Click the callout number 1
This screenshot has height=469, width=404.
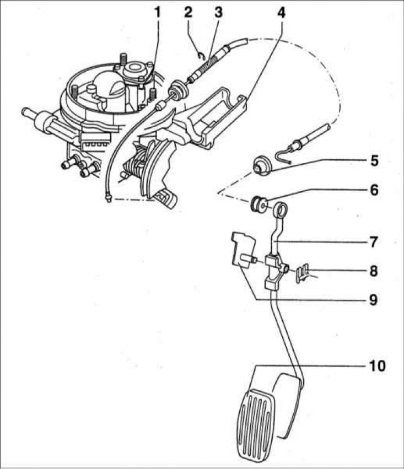(x=157, y=13)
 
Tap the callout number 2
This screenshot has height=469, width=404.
(x=188, y=13)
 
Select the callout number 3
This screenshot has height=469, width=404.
(x=218, y=13)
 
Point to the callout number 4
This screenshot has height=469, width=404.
(x=281, y=13)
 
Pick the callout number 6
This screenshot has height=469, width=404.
(x=374, y=190)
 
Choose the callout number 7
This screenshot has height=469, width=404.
(x=374, y=242)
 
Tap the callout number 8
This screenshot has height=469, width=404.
(x=374, y=271)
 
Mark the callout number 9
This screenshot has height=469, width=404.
(x=374, y=300)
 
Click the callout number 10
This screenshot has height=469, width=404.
(x=377, y=365)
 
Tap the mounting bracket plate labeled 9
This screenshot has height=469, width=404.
(x=244, y=250)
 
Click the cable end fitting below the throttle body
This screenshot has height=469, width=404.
(x=109, y=197)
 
